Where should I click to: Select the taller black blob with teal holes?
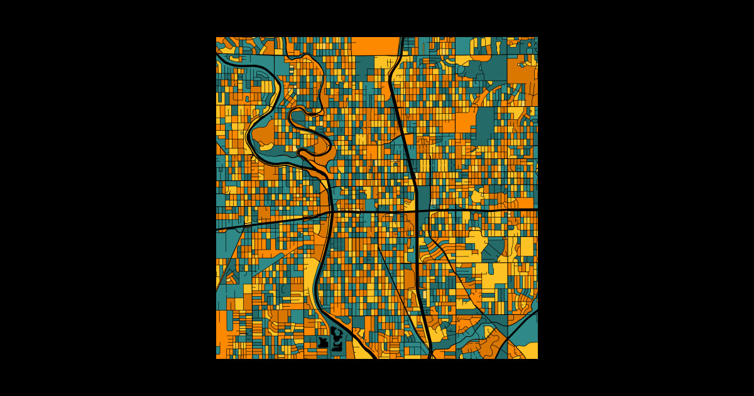(337, 339)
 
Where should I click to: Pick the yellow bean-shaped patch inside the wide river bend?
(266, 146)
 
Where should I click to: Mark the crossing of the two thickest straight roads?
(417, 210)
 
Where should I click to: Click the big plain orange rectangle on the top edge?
(375, 46)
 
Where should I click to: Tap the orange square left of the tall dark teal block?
(464, 122)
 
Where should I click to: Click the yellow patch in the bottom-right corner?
(527, 351)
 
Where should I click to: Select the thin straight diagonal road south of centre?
(396, 283)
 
